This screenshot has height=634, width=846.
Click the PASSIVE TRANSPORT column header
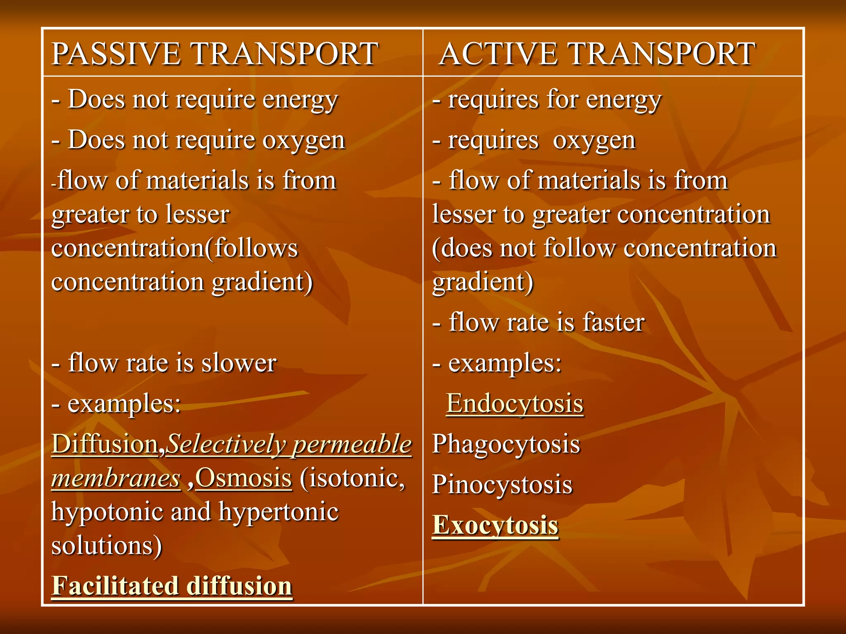(x=215, y=54)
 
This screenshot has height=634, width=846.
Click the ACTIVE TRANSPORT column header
(x=597, y=54)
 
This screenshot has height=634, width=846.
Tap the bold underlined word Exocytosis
(x=495, y=525)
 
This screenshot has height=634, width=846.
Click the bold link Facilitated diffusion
(x=172, y=585)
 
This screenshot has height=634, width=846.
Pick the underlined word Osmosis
(x=243, y=478)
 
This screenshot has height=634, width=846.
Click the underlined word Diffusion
(x=105, y=444)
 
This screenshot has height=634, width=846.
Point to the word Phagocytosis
(x=506, y=444)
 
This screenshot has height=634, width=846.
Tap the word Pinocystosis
(x=502, y=485)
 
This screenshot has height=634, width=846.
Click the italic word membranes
(x=116, y=478)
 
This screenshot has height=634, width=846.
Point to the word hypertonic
(x=278, y=512)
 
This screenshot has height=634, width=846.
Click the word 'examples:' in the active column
(x=505, y=363)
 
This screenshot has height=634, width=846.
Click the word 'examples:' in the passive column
(x=124, y=404)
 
